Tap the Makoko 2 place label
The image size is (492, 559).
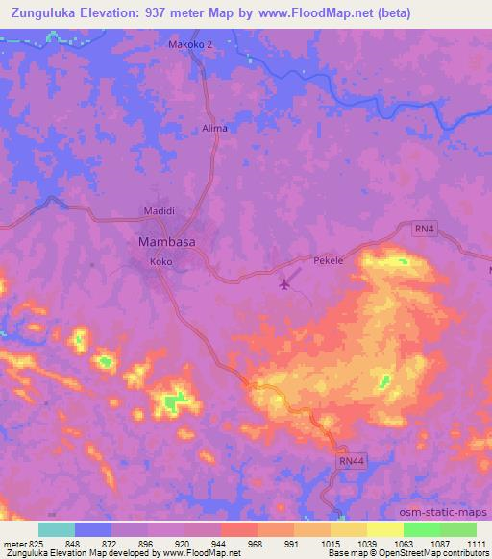point(189,44)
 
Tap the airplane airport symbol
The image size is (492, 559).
point(284,283)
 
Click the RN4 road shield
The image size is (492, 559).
point(425,228)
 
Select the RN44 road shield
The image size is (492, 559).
point(352,462)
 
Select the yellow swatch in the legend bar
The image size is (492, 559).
point(384,529)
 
